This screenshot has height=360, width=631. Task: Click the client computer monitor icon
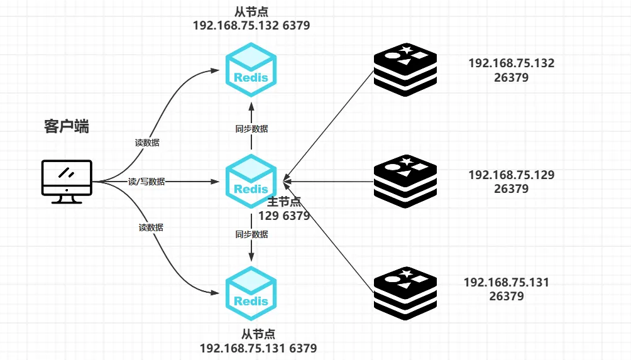click(x=67, y=179)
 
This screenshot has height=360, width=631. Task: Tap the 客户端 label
click(x=67, y=126)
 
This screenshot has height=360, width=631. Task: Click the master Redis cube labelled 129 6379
click(x=251, y=182)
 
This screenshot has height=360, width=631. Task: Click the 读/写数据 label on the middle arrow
click(x=146, y=182)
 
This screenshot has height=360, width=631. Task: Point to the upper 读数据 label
click(x=147, y=143)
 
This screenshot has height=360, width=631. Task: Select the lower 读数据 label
click(x=151, y=227)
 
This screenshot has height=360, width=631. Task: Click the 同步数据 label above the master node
click(x=251, y=129)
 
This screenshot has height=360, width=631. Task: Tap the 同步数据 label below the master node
click(x=251, y=234)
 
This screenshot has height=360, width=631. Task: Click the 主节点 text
click(x=285, y=202)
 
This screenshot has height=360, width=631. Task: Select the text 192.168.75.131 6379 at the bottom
click(x=258, y=348)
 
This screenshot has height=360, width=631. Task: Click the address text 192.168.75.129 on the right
click(x=512, y=175)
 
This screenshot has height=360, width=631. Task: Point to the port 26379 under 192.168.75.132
click(x=511, y=78)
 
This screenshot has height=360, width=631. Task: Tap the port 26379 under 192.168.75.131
click(x=507, y=296)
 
